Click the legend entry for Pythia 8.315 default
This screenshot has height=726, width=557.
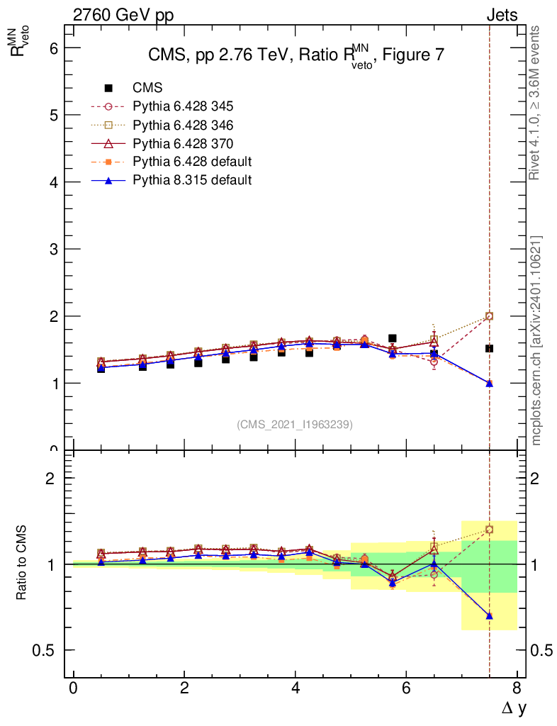pos(191,180)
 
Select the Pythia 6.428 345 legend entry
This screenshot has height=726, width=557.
pos(183,106)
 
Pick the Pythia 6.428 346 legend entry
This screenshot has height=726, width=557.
pos(183,125)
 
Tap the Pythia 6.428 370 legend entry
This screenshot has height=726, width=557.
pos(183,143)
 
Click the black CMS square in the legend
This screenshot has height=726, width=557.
pos(108,88)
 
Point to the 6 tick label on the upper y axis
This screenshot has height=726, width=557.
pos(52,48)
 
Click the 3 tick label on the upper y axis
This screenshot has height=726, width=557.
pos(52,249)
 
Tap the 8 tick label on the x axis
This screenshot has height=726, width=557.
pos(517,688)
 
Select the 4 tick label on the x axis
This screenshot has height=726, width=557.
pos(295,688)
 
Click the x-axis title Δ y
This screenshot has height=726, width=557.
pos(514,708)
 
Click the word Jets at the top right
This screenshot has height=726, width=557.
pos(501,15)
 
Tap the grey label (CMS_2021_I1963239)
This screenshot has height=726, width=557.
pos(295,424)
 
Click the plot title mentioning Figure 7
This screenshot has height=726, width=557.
pos(296,57)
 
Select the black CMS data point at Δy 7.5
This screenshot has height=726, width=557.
pos(489,349)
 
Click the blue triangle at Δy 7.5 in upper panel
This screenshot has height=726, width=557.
pos(489,383)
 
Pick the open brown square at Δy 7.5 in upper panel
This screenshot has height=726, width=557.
pos(489,316)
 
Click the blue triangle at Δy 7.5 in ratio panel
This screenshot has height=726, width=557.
pos(489,615)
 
